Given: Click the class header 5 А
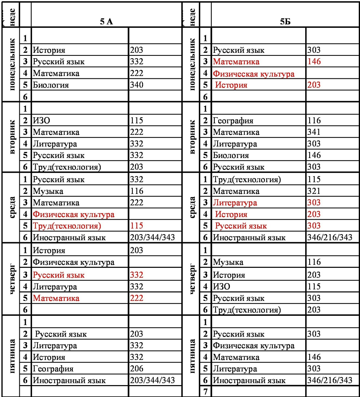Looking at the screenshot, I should tap(106, 21).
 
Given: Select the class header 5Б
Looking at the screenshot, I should tap(285, 21).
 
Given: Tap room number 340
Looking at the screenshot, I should tap(136, 85).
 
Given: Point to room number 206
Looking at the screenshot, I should tap(136, 368).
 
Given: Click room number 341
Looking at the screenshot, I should tap(314, 132).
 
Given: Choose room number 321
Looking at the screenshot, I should tap(314, 191).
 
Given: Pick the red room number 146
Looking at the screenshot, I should tap(314, 62).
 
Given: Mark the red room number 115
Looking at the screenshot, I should tap(136, 226).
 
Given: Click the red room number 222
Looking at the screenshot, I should tap(136, 298).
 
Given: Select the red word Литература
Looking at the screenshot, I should tap(235, 203).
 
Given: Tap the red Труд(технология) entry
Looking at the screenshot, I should tap(67, 226).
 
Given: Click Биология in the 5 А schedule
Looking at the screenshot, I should tap(51, 85).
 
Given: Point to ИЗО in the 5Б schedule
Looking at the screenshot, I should tap(222, 286).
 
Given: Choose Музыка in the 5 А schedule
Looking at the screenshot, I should tap(48, 191).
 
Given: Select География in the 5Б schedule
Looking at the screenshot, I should tap(233, 121).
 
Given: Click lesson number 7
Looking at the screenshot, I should tap(205, 391).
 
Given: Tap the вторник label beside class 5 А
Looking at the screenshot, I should tap(12, 137).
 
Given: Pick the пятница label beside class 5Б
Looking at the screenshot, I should tap(192, 356).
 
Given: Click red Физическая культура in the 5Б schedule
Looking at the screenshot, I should tap(254, 74).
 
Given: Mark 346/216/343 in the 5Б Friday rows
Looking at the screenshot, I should tap(330, 380).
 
